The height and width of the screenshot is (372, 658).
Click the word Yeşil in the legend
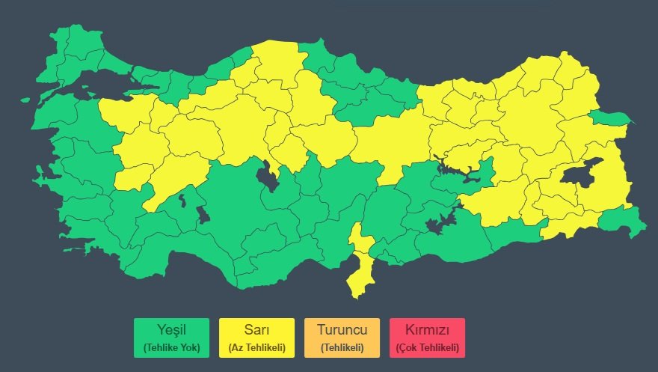(171, 330)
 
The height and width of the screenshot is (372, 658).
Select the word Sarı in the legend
(256, 330)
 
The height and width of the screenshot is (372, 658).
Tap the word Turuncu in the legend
(342, 330)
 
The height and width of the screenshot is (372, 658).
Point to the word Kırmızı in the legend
(427, 330)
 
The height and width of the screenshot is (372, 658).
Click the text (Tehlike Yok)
(171, 347)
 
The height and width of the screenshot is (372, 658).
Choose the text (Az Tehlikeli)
(256, 347)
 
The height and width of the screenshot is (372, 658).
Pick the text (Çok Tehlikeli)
(427, 347)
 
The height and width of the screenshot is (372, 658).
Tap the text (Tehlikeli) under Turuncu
(342, 347)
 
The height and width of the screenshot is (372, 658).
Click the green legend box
(171, 338)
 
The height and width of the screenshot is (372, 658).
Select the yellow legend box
(256, 338)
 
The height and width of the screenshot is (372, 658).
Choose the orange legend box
(342, 338)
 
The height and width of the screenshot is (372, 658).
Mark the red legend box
(427, 338)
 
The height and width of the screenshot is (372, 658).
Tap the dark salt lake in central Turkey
(266, 178)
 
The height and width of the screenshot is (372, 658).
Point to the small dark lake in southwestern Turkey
(203, 216)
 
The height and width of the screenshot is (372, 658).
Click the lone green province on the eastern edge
(609, 118)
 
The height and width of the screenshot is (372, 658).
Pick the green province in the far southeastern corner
(622, 222)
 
